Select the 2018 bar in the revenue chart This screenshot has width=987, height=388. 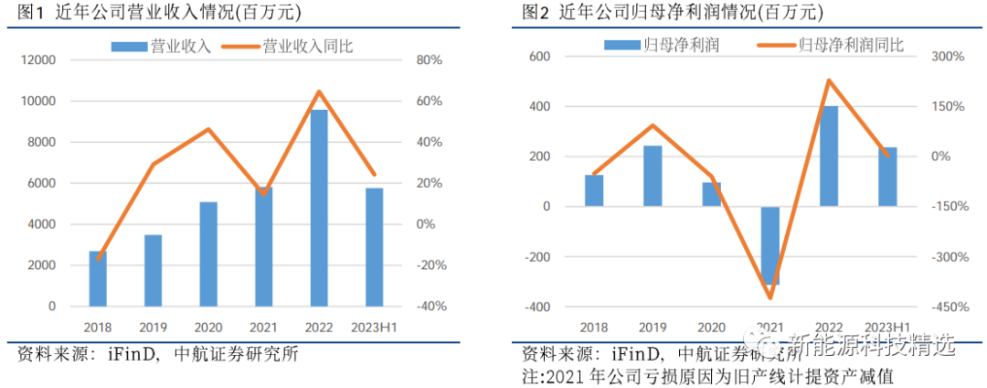coord(98,278)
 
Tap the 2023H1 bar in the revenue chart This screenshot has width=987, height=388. coord(374,246)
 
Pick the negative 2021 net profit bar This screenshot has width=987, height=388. coord(770,245)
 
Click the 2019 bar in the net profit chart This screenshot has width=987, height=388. coord(653,176)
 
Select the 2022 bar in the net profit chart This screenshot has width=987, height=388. coord(829,156)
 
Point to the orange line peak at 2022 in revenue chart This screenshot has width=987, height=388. coord(319,92)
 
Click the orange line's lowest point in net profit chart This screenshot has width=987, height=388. coord(770,297)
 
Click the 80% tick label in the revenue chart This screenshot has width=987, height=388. coord(430,60)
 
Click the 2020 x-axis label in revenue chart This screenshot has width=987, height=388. coord(208,327)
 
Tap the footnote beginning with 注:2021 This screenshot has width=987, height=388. coord(707,375)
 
